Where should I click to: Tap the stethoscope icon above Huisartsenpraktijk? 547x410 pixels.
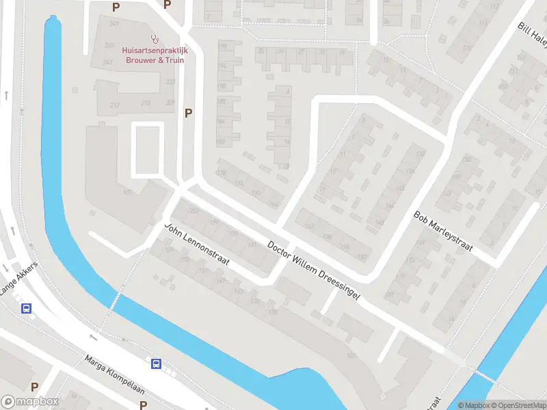click(156, 39)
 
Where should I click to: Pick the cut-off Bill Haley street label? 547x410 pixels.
click(532, 35)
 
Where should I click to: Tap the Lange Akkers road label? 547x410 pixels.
click(16, 279)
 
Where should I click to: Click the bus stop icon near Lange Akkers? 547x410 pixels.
click(27, 309)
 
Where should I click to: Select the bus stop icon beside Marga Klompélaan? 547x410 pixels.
click(157, 364)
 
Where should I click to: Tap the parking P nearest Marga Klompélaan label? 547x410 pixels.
click(143, 405)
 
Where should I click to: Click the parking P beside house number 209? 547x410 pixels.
click(188, 113)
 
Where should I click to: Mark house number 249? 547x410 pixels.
click(114, 24)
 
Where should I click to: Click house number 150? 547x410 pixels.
click(362, 257)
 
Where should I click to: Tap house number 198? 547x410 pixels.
click(222, 46)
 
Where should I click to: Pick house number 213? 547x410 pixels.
click(145, 103)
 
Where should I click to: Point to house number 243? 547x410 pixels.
click(107, 63)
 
